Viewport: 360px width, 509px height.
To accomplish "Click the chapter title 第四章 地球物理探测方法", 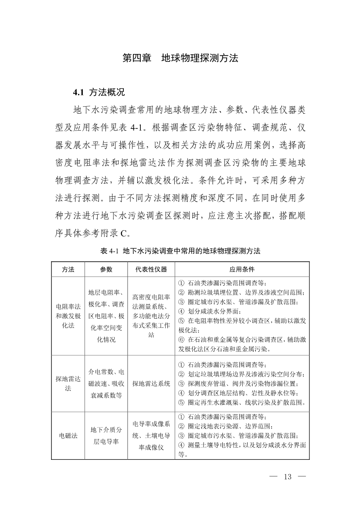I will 180,58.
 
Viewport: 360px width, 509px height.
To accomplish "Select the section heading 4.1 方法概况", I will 99,92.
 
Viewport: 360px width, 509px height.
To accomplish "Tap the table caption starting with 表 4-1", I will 180,251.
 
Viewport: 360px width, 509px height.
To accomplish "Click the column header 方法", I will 68,270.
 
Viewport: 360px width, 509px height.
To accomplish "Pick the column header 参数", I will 106,270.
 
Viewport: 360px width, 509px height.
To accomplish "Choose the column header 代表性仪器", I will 151,270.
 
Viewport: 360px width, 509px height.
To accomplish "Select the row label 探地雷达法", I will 68,383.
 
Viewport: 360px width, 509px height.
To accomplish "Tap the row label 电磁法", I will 68,435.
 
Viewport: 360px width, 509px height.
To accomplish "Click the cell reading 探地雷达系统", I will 151,383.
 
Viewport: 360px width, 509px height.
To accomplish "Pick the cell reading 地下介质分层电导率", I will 106,435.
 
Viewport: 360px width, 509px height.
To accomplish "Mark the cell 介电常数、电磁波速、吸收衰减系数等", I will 106,383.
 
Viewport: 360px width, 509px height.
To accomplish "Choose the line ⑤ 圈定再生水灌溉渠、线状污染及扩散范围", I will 242,401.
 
